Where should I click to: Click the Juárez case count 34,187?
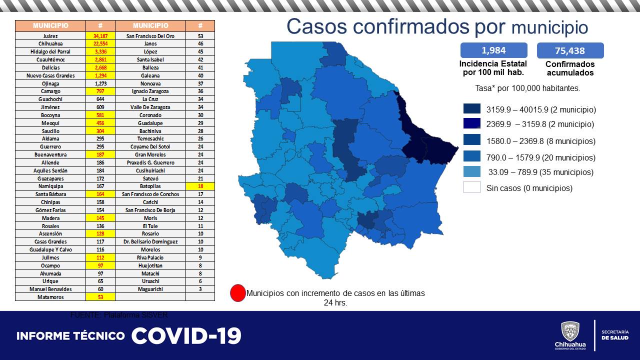(x=100, y=36)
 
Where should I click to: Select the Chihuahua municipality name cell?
(x=50, y=44)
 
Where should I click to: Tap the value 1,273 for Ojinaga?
(x=100, y=83)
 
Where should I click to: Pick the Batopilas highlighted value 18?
(x=200, y=186)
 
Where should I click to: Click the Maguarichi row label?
(x=150, y=289)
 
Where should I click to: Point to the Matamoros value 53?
(x=100, y=297)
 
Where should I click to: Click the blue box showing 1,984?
(x=493, y=50)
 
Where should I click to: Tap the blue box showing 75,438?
(x=570, y=50)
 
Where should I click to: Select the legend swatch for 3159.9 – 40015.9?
(x=471, y=109)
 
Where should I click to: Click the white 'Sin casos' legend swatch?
(x=471, y=187)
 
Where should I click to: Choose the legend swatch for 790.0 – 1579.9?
(x=471, y=157)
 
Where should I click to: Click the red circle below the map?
(x=238, y=293)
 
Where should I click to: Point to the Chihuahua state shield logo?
(x=570, y=331)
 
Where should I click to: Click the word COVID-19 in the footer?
(x=186, y=335)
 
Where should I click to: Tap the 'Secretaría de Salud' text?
(x=615, y=335)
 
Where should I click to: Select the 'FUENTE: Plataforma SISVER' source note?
(x=119, y=315)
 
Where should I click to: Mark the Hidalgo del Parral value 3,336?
(x=100, y=51)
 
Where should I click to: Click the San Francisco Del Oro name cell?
(x=150, y=36)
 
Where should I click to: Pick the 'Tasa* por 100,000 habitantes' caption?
(x=527, y=88)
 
